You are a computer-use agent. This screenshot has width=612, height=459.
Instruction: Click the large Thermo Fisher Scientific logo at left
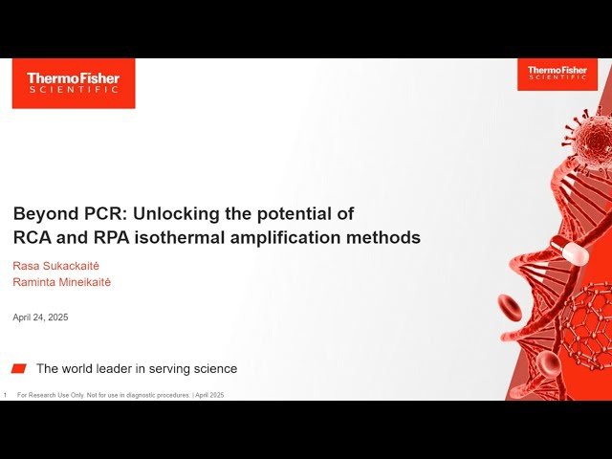click(x=73, y=83)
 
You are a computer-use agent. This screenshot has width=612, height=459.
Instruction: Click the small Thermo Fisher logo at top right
click(x=557, y=74)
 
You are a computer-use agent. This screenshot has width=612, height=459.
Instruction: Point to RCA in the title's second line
click(x=30, y=237)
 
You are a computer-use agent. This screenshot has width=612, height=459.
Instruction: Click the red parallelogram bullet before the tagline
click(x=19, y=368)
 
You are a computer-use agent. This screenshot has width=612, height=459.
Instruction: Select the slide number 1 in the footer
click(x=6, y=395)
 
